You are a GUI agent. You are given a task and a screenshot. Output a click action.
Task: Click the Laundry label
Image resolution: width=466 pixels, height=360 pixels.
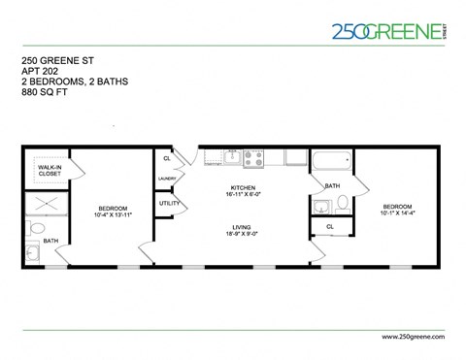coord(166,179)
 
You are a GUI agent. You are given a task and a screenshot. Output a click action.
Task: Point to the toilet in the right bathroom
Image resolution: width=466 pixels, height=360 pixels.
coord(342,203)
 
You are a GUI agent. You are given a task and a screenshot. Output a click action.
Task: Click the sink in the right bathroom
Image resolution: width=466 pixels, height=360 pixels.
coord(321,204)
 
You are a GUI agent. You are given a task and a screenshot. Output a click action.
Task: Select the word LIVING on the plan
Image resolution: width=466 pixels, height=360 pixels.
coord(241,226)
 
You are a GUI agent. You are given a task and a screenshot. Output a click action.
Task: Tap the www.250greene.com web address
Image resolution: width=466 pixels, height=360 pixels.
coord(407,335)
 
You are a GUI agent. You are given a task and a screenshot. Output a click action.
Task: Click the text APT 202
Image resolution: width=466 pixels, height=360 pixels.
coord(39,72)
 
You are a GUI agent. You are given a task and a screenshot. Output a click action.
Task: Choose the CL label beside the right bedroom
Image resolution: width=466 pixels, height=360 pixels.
coord(330,227)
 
